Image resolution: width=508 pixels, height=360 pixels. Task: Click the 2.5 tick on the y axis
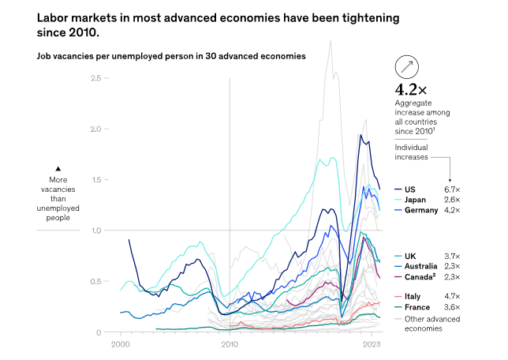coord(96,78)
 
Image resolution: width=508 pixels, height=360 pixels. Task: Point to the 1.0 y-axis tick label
coord(96,231)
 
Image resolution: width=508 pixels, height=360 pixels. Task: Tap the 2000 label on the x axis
coord(121,345)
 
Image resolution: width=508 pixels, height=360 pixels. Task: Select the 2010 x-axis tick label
coord(230,345)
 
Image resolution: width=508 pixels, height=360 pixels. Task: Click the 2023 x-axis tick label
coord(372,345)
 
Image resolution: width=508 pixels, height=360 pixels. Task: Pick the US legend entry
coord(409,189)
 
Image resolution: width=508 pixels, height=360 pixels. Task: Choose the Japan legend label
coord(415,200)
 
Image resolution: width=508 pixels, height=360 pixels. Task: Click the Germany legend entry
coord(420,211)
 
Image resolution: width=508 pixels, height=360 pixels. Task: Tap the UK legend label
coord(409,257)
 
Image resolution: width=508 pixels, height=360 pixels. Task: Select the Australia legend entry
coord(421,267)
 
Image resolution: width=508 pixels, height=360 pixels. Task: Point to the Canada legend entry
coord(419,278)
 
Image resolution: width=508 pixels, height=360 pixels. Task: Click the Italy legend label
coord(413,296)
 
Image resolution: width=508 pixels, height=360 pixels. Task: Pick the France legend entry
coord(416,307)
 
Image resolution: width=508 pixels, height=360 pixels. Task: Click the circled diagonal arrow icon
coord(408,66)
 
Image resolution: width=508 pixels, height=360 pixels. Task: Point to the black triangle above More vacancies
coord(58,168)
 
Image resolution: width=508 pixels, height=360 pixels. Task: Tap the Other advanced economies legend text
coord(432,324)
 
